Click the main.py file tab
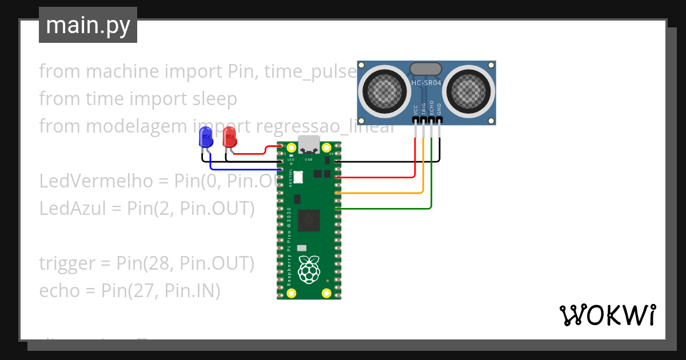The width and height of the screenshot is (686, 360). coord(87,25)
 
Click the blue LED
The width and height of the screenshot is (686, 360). coord(205,138)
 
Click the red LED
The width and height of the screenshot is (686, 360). coord(229,137)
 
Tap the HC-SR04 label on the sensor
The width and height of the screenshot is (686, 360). coord(426,83)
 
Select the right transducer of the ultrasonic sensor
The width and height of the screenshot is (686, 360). coord(470,90)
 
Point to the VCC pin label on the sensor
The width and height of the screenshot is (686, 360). coord(415,109)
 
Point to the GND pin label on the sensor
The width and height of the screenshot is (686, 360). coord(440,109)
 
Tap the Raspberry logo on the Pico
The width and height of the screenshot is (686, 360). coord(309,270)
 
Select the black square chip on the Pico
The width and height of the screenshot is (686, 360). coord(309,219)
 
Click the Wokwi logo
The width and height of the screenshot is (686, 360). coord(607,315)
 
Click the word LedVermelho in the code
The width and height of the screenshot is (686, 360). coord(96,181)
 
